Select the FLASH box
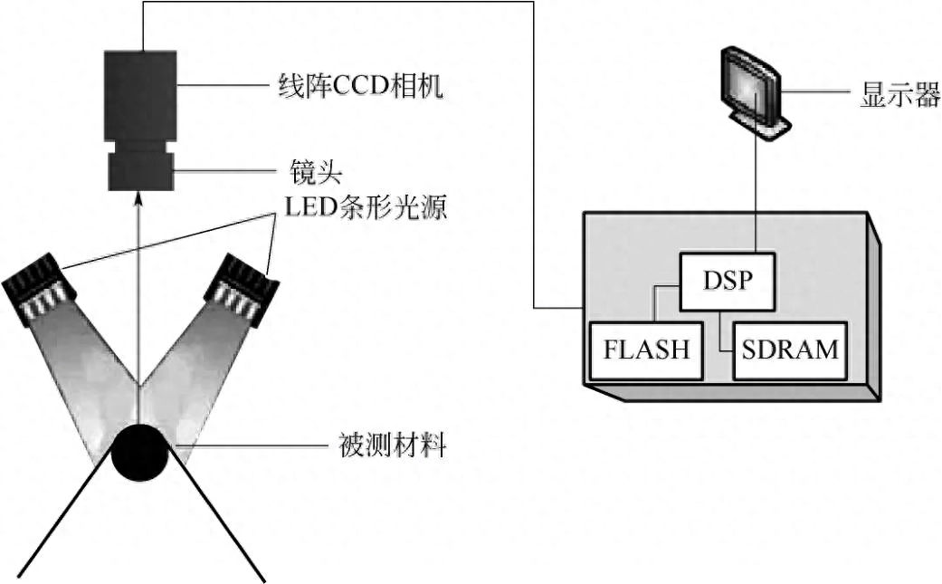[646, 349]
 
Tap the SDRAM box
[790, 349]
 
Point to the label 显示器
[899, 96]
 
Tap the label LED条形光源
[366, 207]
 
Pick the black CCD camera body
[140, 94]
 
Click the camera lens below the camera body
[140, 170]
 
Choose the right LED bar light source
[240, 288]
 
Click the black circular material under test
[140, 450]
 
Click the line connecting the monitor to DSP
[755, 190]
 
